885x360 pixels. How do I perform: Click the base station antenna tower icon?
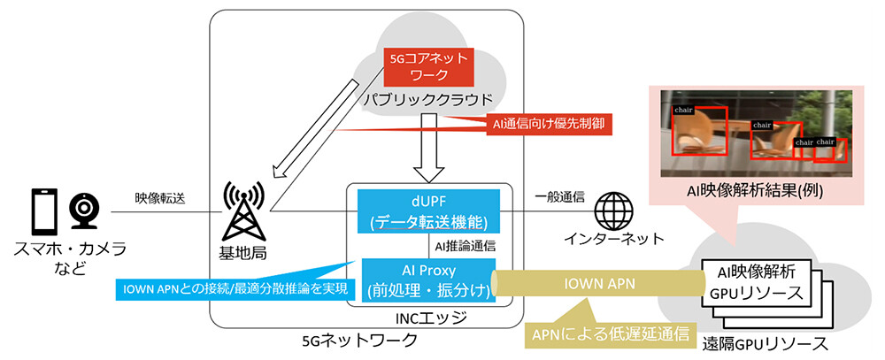(243, 211)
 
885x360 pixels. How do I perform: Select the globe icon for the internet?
(613, 209)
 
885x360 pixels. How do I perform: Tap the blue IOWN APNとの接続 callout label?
(227, 287)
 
